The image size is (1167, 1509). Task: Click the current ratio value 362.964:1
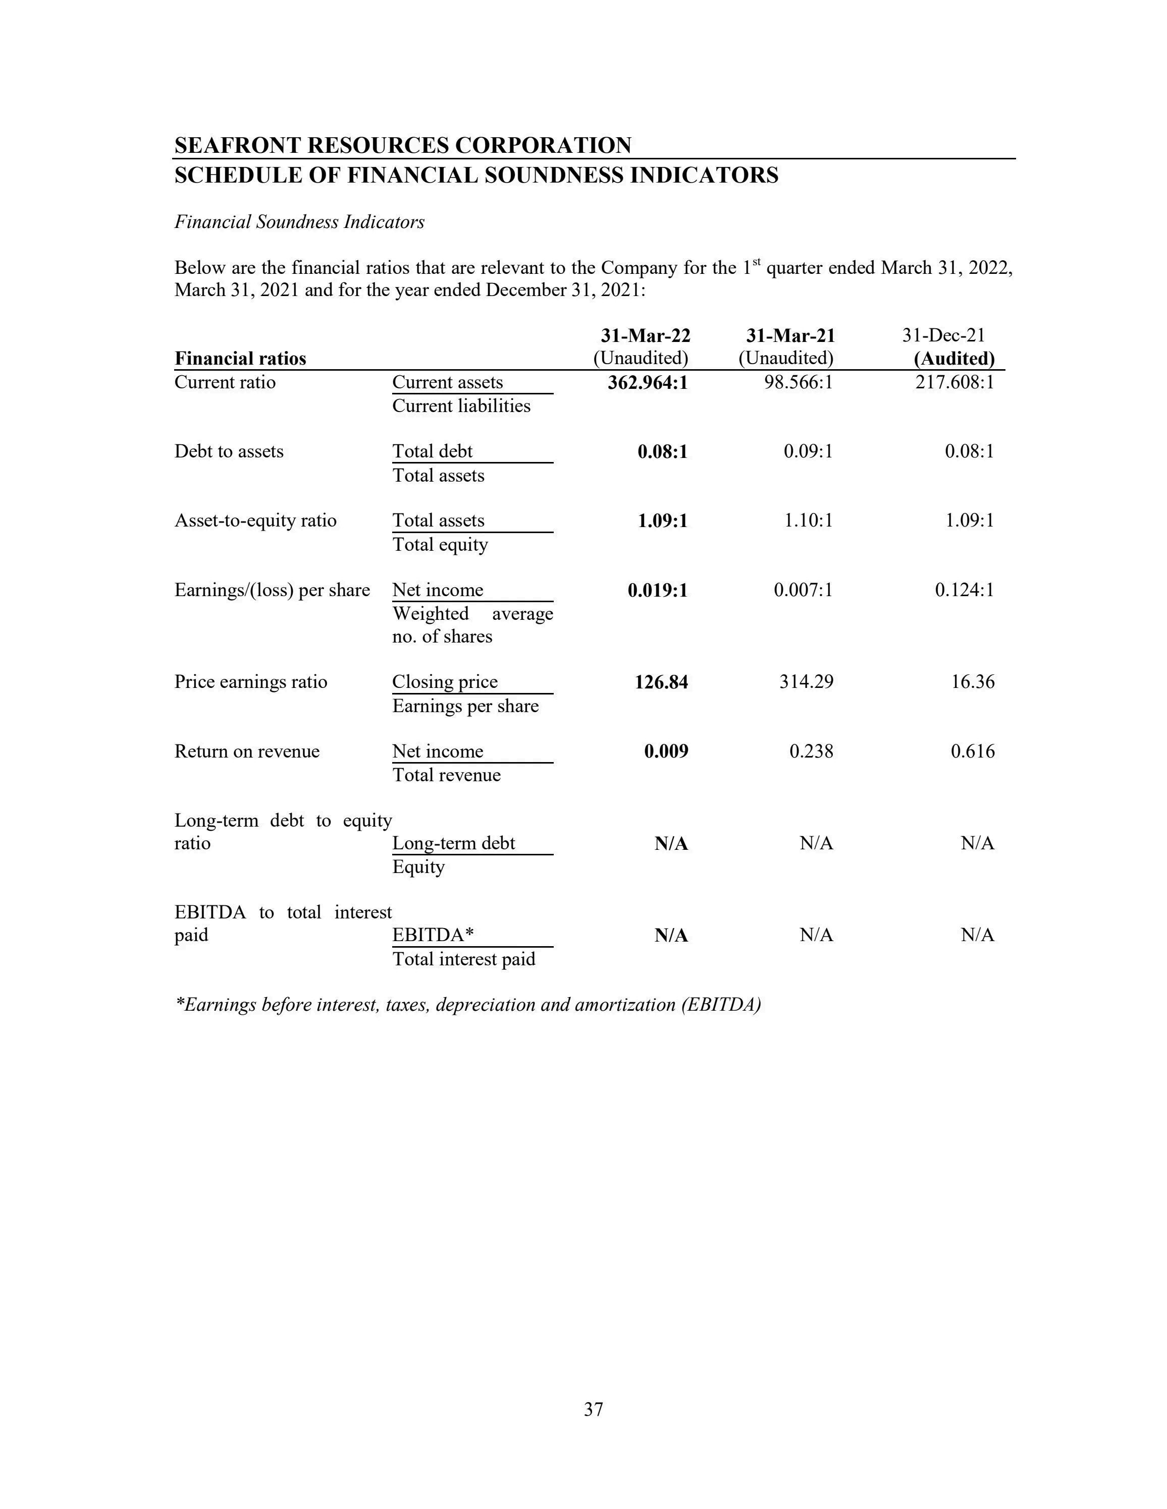pyautogui.click(x=648, y=382)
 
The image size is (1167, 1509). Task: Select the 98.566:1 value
pyautogui.click(x=798, y=382)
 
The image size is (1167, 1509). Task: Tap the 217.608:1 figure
pyautogui.click(x=955, y=382)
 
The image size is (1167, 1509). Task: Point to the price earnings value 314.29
pyautogui.click(x=806, y=682)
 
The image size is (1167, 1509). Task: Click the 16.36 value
pyautogui.click(x=973, y=682)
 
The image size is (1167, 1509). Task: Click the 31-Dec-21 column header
pyautogui.click(x=943, y=336)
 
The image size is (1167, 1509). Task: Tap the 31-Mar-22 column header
pyautogui.click(x=645, y=336)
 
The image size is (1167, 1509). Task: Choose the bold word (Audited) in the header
pyautogui.click(x=954, y=359)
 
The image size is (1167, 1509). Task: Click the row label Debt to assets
pyautogui.click(x=229, y=451)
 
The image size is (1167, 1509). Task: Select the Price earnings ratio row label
pyautogui.click(x=250, y=682)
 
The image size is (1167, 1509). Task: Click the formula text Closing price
pyautogui.click(x=445, y=682)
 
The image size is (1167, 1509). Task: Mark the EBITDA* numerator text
pyautogui.click(x=433, y=935)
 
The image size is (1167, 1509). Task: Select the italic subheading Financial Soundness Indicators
pyautogui.click(x=299, y=222)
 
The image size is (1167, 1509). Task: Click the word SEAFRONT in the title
pyautogui.click(x=237, y=145)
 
